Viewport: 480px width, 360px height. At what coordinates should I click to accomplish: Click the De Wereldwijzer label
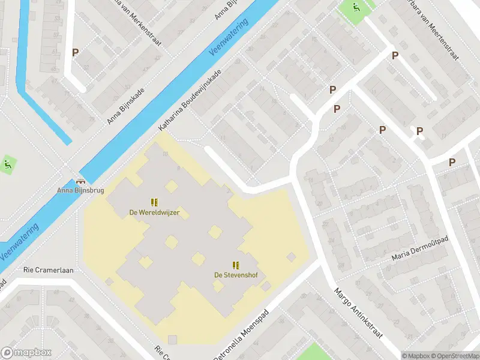[x=154, y=212]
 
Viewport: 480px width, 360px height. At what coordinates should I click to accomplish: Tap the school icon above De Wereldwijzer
[x=154, y=202]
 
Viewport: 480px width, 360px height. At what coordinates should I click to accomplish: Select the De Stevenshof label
[x=235, y=275]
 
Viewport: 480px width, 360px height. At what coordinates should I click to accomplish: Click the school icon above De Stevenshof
[x=235, y=265]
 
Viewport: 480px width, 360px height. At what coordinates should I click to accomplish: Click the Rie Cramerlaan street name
[x=49, y=271]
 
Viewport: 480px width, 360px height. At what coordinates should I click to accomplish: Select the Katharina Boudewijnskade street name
[x=190, y=100]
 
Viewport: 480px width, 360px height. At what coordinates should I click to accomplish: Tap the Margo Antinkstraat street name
[x=358, y=311]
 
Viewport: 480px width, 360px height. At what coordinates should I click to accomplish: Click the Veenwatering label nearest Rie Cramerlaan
[x=20, y=242]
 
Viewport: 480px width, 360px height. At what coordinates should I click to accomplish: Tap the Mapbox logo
[x=26, y=353]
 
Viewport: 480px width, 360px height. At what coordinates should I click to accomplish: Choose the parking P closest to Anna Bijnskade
[x=75, y=53]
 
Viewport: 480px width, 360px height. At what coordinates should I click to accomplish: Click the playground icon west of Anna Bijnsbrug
[x=8, y=164]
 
